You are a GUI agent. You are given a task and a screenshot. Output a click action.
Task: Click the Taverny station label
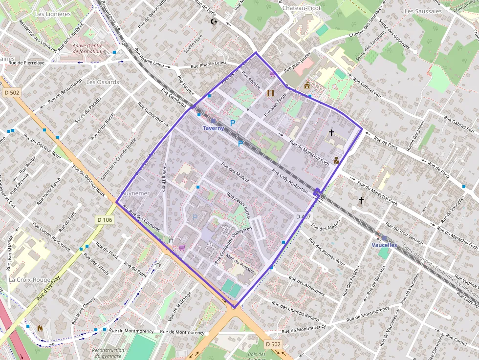pos(213,128)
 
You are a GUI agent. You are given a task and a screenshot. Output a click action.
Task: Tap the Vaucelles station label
pos(384,245)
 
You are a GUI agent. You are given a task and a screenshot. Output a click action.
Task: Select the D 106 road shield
pos(105,220)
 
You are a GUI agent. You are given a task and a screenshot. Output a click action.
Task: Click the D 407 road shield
pos(303,216)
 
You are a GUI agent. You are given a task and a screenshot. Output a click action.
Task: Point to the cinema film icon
pos(270,92)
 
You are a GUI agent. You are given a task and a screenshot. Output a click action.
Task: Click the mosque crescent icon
pos(213,21)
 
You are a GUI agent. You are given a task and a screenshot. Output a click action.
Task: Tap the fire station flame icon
pos(40,328)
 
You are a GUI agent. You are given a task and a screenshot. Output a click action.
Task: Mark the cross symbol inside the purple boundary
pos(331,132)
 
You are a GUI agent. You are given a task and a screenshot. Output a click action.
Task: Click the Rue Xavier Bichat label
pos(239,205)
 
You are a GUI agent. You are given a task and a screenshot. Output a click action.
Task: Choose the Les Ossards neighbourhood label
pos(102,82)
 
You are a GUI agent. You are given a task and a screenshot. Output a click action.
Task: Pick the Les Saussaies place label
pos(423,11)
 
